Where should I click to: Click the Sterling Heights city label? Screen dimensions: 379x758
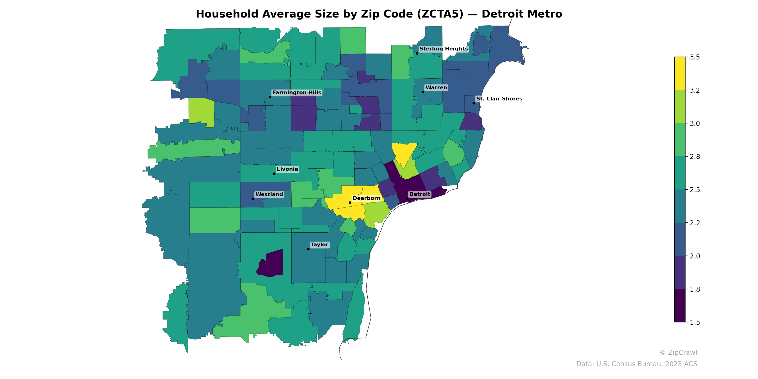pyautogui.click(x=443, y=49)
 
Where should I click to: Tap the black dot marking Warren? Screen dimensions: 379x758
pyautogui.click(x=423, y=92)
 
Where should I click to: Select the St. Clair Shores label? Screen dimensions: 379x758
pyautogui.click(x=499, y=99)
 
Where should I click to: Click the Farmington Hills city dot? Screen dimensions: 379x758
pyautogui.click(x=270, y=97)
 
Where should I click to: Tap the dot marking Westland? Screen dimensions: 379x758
pyautogui.click(x=253, y=199)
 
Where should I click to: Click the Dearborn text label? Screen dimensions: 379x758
pyautogui.click(x=366, y=198)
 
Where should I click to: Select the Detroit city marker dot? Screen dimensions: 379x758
pyautogui.click(x=407, y=199)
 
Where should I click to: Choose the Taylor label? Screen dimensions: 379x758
pyautogui.click(x=319, y=245)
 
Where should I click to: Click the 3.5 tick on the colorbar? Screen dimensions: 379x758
pyautogui.click(x=695, y=57)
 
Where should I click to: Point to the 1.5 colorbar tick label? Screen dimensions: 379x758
pyautogui.click(x=695, y=322)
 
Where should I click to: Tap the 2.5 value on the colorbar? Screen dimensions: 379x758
pyautogui.click(x=695, y=190)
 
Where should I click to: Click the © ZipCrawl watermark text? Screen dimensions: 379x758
pyautogui.click(x=678, y=352)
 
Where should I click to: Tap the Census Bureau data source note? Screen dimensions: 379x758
pyautogui.click(x=636, y=364)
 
